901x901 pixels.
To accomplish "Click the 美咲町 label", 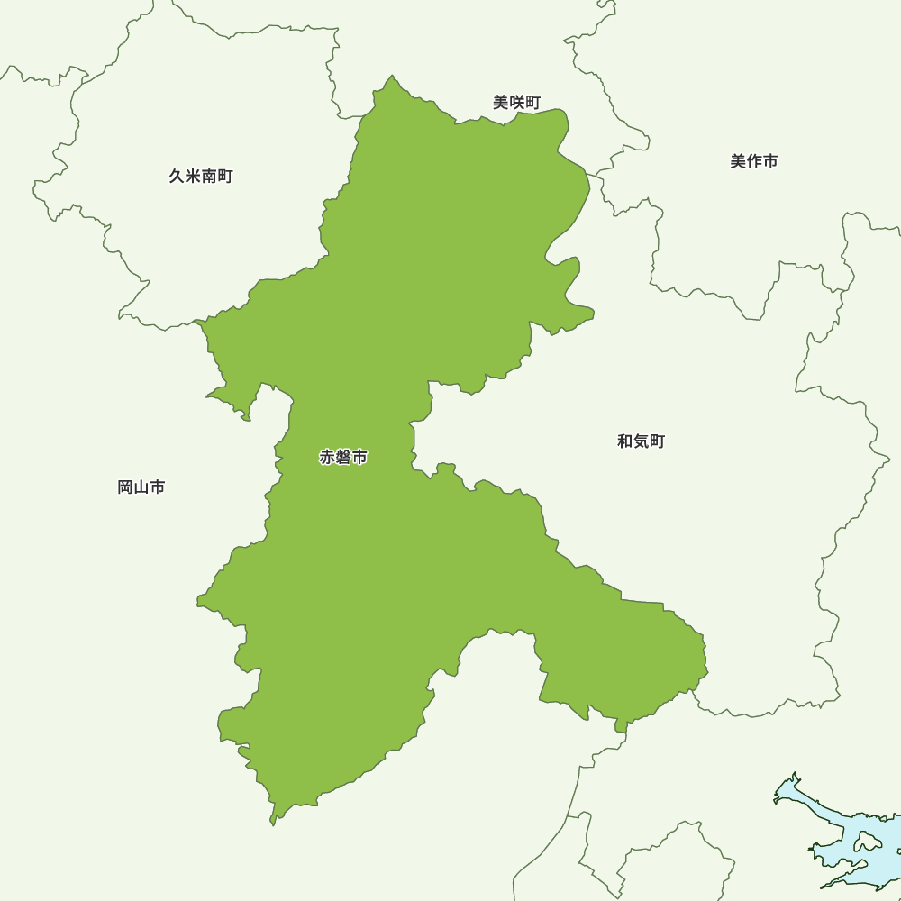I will pos(516,103).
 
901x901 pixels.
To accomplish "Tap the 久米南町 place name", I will pos(200,177).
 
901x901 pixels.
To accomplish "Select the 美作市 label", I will pos(753,161).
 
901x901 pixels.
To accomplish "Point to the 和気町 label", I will pos(641,441).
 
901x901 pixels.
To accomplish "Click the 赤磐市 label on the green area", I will pos(343,458).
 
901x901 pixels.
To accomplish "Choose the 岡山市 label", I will pos(141,487).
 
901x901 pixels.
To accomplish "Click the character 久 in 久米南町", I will pos(177,177).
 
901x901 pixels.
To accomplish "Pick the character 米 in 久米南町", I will pos(193,177).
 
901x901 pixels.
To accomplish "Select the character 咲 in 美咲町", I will pos(516,103).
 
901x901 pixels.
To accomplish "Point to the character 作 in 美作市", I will pos(754,161).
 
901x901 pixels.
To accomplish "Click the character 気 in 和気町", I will pos(641,441).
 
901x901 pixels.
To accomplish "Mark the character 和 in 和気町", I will pos(625,441).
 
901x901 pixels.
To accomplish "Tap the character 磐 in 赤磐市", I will pos(343,458).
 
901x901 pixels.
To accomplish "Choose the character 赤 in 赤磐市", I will pos(327,458).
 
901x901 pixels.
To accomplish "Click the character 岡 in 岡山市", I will pos(126,487).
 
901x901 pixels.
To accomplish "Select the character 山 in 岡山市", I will pos(141,487).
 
